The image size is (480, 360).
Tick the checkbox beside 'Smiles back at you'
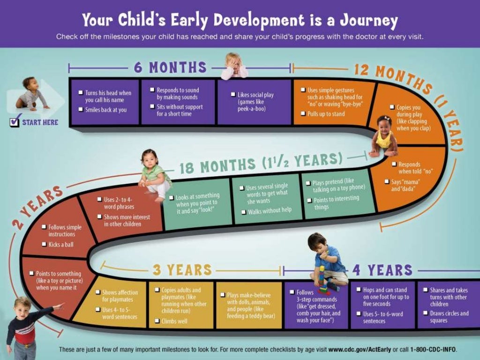click(x=81, y=110)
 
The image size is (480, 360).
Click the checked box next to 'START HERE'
click(x=15, y=122)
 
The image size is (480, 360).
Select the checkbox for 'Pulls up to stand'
click(x=303, y=113)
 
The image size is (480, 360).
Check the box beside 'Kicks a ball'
click(x=44, y=244)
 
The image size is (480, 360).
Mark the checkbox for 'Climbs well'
click(x=157, y=321)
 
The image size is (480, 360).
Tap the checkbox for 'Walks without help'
click(x=244, y=212)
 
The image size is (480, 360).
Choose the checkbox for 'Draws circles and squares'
click(x=426, y=313)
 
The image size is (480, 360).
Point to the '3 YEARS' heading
click(x=182, y=270)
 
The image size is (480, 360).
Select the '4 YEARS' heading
click(x=382, y=270)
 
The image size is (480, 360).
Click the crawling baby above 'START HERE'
click(x=32, y=94)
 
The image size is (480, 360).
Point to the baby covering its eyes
click(x=234, y=66)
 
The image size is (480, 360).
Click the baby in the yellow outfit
click(x=383, y=136)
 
